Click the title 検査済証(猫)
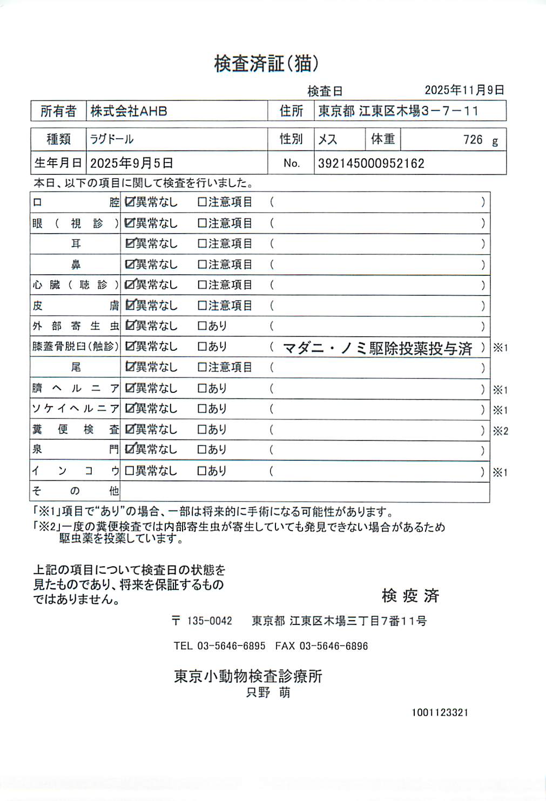tap(266, 64)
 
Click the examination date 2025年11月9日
tap(464, 90)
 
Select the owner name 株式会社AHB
tap(129, 111)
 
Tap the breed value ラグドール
tap(112, 139)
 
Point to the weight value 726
tap(473, 140)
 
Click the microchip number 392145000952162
tap(371, 164)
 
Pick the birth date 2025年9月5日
tap(131, 163)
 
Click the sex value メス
tap(327, 139)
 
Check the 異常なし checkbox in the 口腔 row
tap(130, 202)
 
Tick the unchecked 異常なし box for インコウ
tap(129, 471)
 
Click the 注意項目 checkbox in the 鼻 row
tap(202, 264)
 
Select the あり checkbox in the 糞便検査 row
tap(202, 430)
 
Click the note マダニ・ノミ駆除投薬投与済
tap(378, 348)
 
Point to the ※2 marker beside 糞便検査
tap(500, 431)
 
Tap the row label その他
tap(75, 491)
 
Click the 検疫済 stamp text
tap(410, 595)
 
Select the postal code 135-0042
tap(209, 621)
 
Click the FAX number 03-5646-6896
tap(333, 646)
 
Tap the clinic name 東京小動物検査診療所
tap(248, 676)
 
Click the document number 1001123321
tap(440, 712)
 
